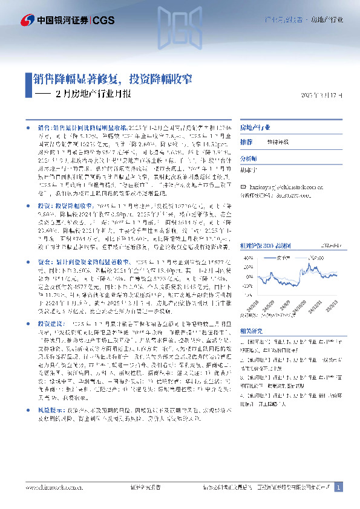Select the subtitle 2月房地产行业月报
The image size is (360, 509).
91,94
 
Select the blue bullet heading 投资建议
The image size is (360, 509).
50,323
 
